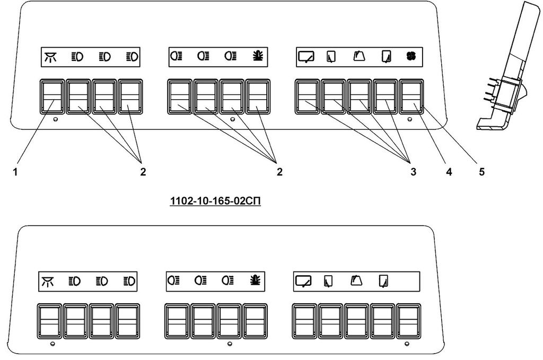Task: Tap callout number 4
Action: click(449, 172)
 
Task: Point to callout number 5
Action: click(481, 172)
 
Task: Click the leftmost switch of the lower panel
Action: click(49, 321)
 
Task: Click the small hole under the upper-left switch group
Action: click(56, 120)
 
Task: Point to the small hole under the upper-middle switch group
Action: click(232, 120)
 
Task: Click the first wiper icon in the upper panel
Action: click(306, 56)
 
